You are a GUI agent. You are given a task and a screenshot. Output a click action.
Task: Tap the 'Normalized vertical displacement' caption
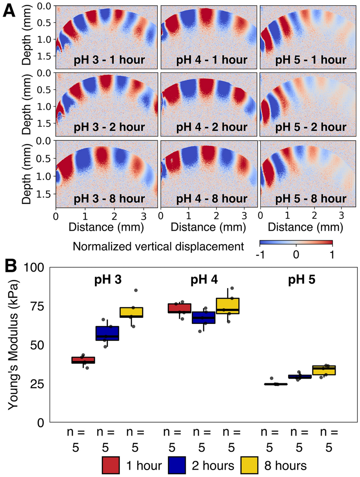[158, 246]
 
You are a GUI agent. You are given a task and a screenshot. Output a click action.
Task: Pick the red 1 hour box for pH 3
[83, 360]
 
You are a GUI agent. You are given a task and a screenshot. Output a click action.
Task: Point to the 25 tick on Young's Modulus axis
[38, 384]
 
